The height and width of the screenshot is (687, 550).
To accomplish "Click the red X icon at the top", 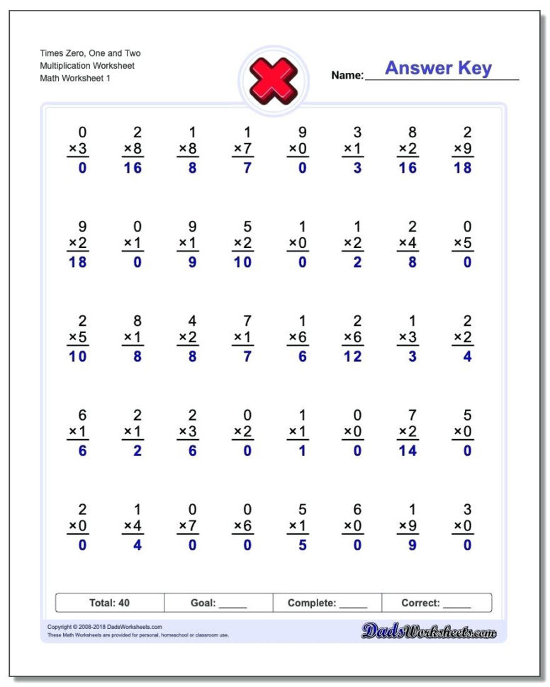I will tap(273, 79).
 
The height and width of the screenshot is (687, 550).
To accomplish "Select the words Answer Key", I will tap(438, 69).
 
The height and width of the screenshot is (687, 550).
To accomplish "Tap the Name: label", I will tap(347, 75).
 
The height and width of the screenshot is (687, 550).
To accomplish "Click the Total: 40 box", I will tap(110, 603).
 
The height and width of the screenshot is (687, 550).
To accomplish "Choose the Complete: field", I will tap(327, 603).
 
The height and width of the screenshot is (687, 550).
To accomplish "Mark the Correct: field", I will tap(436, 603).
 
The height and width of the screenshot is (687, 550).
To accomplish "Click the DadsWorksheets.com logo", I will tap(430, 630).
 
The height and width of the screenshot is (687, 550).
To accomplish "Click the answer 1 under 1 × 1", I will tap(303, 450).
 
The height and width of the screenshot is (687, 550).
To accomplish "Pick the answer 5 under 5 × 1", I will tap(303, 545).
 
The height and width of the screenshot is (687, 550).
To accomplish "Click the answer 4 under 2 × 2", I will tap(467, 357).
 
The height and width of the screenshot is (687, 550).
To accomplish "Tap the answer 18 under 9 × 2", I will tap(82, 262).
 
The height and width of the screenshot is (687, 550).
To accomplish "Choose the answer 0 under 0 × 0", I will tap(357, 450).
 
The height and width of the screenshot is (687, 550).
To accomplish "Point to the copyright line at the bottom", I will tap(105, 627).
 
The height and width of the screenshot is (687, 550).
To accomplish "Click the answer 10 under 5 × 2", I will tap(247, 262).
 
